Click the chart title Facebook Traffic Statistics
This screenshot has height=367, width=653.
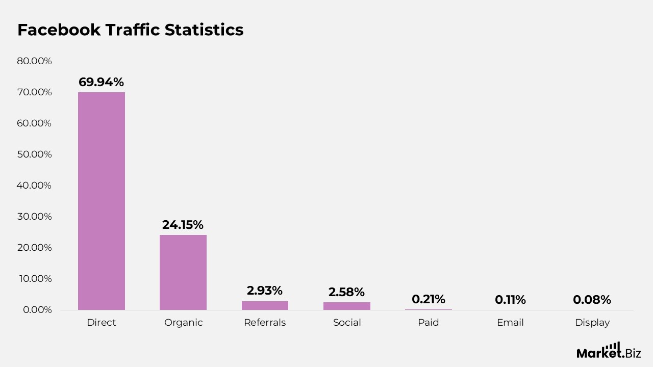(131, 30)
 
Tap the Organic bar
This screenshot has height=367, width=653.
(183, 272)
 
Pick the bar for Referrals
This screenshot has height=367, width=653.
(265, 305)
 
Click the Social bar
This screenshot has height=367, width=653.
(346, 306)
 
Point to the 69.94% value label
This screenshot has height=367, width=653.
(101, 82)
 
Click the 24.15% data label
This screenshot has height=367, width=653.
(183, 225)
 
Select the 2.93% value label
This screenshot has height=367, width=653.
(264, 291)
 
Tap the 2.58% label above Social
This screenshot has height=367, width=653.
(346, 292)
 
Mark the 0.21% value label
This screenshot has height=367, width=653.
(429, 299)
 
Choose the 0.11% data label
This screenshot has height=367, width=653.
(510, 300)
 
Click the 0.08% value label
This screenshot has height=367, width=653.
(592, 300)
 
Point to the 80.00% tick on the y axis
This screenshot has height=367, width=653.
(34, 61)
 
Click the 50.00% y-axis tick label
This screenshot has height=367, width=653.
(34, 154)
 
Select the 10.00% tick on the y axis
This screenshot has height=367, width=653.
(34, 279)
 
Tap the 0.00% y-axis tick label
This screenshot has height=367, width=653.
(37, 310)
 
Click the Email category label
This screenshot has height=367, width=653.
(510, 323)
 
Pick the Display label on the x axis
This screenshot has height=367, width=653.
(592, 323)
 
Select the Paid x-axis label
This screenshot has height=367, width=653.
(429, 323)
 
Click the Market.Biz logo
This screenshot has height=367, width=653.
(609, 351)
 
